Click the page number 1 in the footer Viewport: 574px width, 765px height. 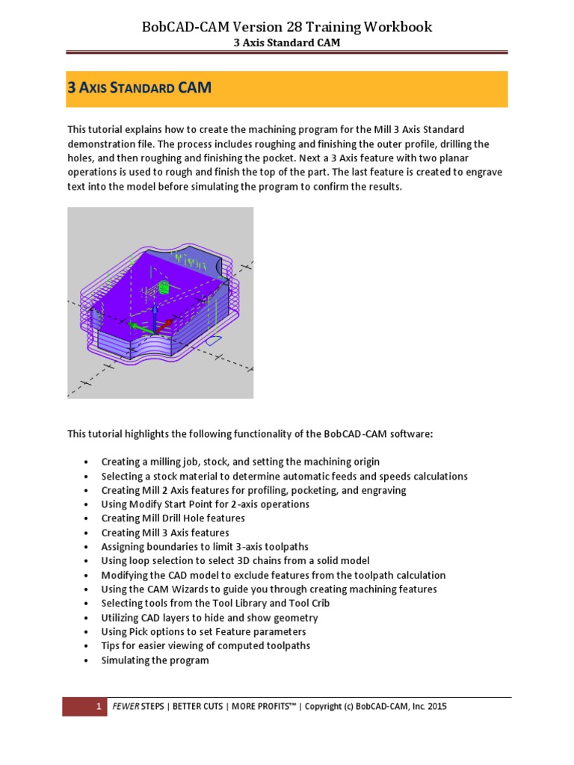(x=98, y=707)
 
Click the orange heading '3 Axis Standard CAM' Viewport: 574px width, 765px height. (x=139, y=88)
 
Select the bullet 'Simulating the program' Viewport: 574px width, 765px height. (x=155, y=660)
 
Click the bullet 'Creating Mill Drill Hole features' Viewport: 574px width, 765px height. (x=173, y=518)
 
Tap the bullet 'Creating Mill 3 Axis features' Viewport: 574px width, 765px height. (x=165, y=533)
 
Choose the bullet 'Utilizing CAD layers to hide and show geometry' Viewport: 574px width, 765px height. (x=209, y=617)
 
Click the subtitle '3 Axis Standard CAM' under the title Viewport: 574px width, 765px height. (x=286, y=43)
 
